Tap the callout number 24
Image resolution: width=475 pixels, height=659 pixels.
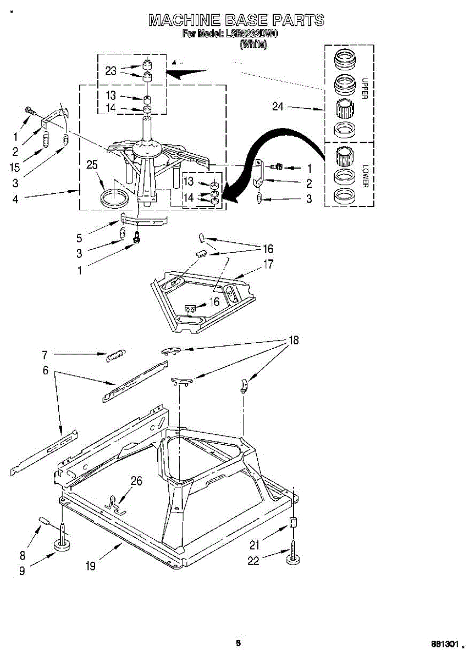click(x=278, y=107)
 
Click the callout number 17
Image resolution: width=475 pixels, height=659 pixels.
click(x=268, y=264)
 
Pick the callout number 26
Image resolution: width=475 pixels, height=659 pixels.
click(x=136, y=482)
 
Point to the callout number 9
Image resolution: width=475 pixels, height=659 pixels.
click(x=22, y=571)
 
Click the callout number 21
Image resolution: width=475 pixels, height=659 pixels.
click(x=253, y=545)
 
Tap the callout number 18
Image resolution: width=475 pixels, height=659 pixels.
click(x=294, y=340)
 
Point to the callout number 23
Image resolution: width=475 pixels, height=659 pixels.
click(x=111, y=70)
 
